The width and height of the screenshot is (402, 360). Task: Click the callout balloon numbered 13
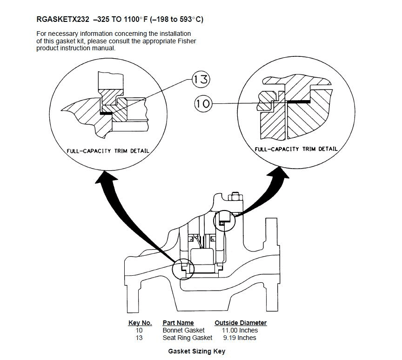(201, 79)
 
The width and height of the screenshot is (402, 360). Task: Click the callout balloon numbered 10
(203, 103)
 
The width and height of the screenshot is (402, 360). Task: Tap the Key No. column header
(140, 323)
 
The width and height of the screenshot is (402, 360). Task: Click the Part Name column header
(178, 323)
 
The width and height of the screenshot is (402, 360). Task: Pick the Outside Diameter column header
(241, 323)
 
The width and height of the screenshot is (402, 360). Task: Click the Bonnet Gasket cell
(183, 330)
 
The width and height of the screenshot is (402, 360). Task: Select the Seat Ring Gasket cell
(187, 338)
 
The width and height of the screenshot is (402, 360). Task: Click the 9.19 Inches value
(240, 338)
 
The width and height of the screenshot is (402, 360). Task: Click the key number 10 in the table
(139, 330)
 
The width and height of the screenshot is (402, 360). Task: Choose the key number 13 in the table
(139, 338)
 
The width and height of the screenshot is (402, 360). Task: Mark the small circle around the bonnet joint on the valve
(225, 221)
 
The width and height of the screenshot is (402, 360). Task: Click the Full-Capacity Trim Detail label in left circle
(105, 151)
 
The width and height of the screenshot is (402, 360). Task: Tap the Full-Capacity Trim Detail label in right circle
(296, 149)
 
